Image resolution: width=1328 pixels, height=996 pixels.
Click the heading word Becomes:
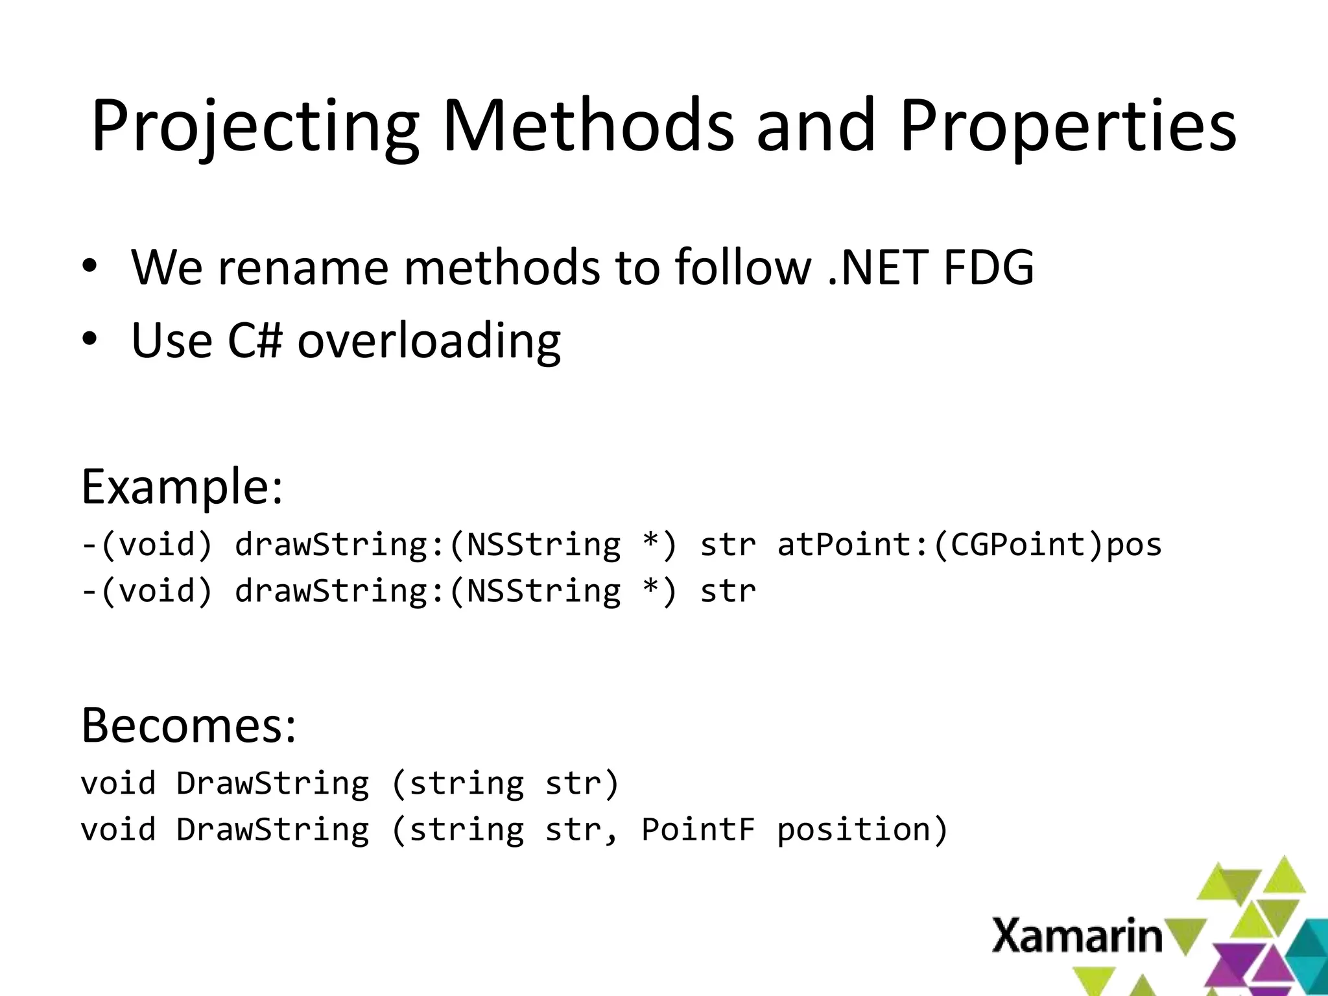coord(189,725)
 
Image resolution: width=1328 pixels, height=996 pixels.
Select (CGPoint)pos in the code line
coord(1047,544)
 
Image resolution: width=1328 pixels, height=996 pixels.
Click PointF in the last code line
coord(698,829)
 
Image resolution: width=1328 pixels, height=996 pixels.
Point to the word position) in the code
coord(862,829)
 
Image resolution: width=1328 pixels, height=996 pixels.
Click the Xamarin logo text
coord(1077,936)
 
